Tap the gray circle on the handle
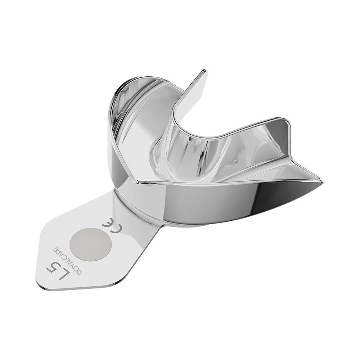91,244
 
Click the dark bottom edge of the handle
72,288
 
